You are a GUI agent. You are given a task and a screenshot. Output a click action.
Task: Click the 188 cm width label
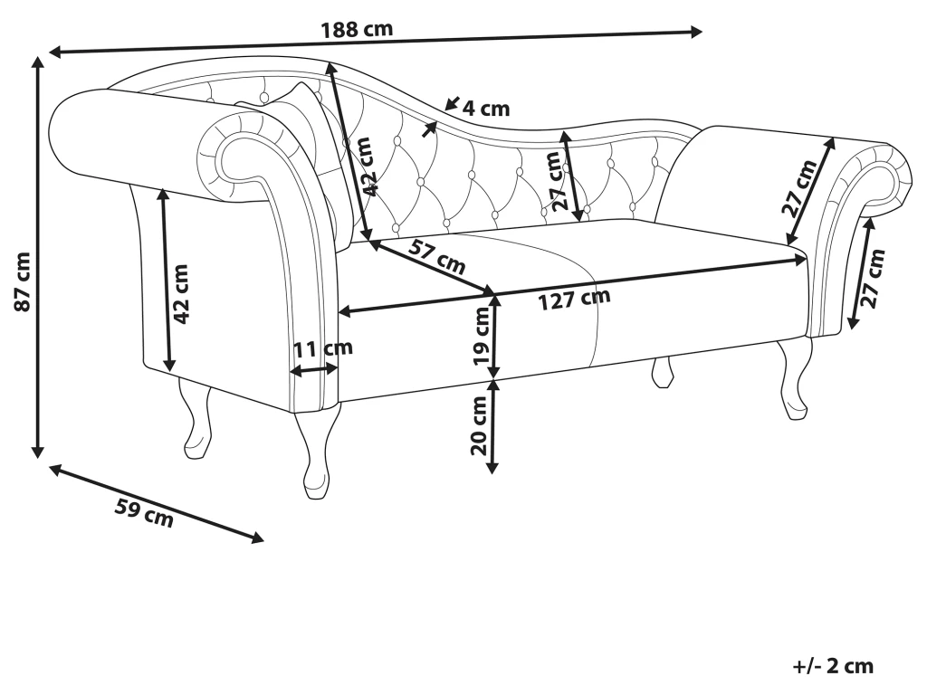[x=357, y=28]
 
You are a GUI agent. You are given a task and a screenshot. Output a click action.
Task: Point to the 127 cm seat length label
[x=575, y=298]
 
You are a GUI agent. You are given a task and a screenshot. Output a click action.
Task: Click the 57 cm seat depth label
[x=438, y=258]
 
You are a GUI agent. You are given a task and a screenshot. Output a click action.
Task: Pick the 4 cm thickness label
[x=485, y=109]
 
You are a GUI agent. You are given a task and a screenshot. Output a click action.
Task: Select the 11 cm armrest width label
[x=322, y=348]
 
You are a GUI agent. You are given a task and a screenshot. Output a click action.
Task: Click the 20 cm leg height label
[x=481, y=426]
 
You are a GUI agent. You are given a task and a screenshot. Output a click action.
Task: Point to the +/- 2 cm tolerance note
[x=833, y=667]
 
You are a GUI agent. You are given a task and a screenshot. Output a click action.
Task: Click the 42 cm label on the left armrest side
[x=181, y=294]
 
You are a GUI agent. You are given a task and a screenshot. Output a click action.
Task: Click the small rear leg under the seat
[x=664, y=370]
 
